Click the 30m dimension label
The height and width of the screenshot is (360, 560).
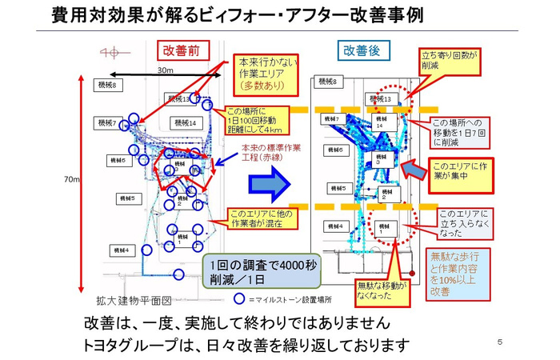point(165,71)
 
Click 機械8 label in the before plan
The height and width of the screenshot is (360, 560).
point(107,85)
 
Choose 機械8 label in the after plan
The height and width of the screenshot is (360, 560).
point(328,82)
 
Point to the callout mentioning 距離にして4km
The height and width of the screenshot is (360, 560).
point(253,121)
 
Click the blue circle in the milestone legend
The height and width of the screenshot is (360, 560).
point(238,299)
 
